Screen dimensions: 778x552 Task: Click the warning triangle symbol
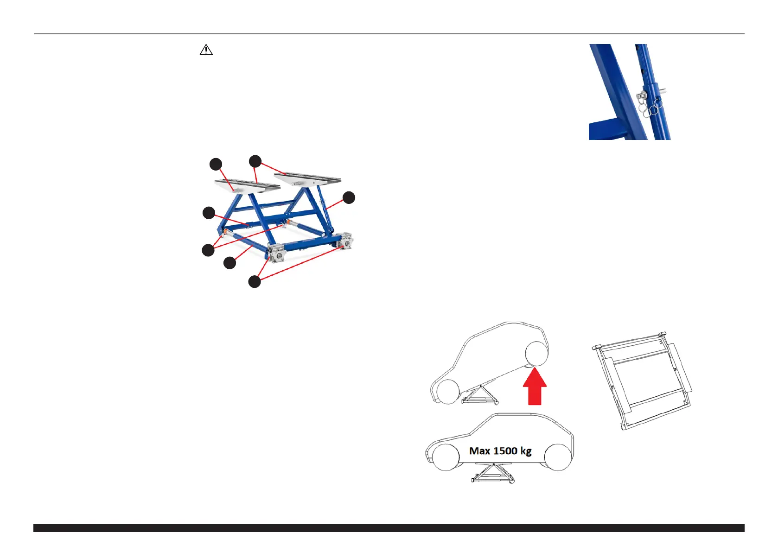(x=206, y=50)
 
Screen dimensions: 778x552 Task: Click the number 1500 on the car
(x=505, y=450)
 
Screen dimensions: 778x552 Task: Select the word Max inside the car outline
(x=479, y=450)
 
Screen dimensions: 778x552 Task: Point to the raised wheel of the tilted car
(x=537, y=354)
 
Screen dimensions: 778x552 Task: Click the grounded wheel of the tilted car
(x=447, y=392)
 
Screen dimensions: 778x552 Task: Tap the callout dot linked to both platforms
(x=255, y=161)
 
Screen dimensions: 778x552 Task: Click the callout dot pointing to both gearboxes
(x=255, y=281)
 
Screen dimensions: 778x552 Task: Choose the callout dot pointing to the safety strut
(x=349, y=197)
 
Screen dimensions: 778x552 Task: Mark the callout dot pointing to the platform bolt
(x=216, y=164)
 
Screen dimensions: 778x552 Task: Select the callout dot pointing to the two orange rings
(x=208, y=250)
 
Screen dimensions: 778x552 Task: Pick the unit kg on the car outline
(x=526, y=451)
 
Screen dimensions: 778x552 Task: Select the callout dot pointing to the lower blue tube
(x=230, y=263)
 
